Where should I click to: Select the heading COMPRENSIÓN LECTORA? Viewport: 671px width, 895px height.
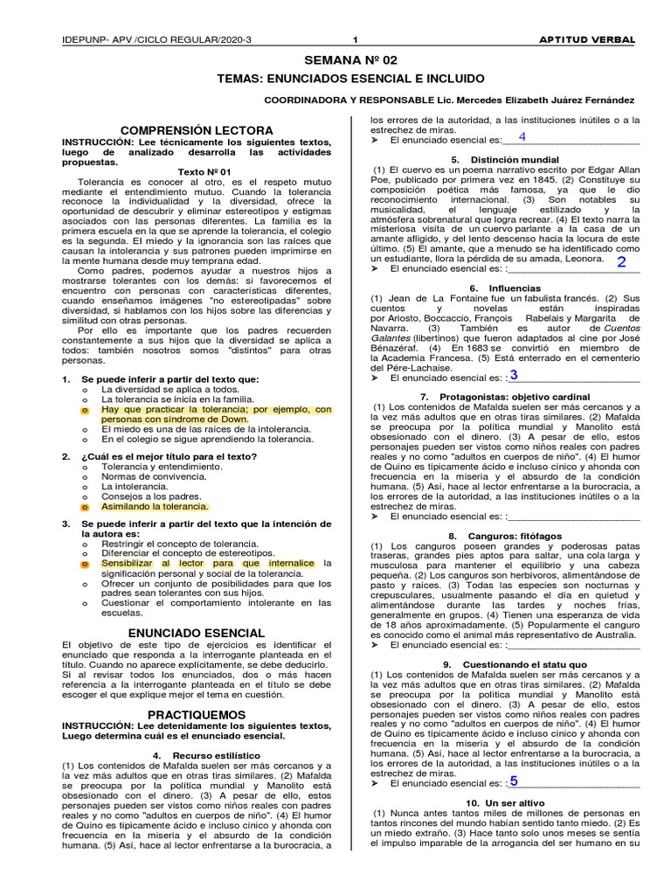tap(197, 130)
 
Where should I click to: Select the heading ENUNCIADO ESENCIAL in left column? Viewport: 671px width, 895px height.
tap(197, 632)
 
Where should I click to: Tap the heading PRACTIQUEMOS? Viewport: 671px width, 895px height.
tap(197, 714)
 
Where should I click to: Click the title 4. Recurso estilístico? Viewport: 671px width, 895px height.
tap(197, 754)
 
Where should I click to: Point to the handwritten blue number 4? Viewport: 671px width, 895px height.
tap(522, 136)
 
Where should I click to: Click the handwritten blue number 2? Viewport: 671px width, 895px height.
tap(621, 262)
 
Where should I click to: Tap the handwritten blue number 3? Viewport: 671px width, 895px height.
tap(514, 376)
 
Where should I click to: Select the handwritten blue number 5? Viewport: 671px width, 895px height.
tap(514, 781)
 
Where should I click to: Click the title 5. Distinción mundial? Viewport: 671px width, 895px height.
tap(505, 159)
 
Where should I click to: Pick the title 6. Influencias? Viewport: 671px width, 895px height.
tap(505, 288)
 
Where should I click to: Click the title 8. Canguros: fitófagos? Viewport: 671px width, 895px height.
tap(505, 535)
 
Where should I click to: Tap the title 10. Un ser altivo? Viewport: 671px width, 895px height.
tap(505, 802)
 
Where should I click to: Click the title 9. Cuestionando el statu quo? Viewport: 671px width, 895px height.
tap(505, 664)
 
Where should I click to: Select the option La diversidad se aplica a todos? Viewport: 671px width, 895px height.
tap(157, 389)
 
